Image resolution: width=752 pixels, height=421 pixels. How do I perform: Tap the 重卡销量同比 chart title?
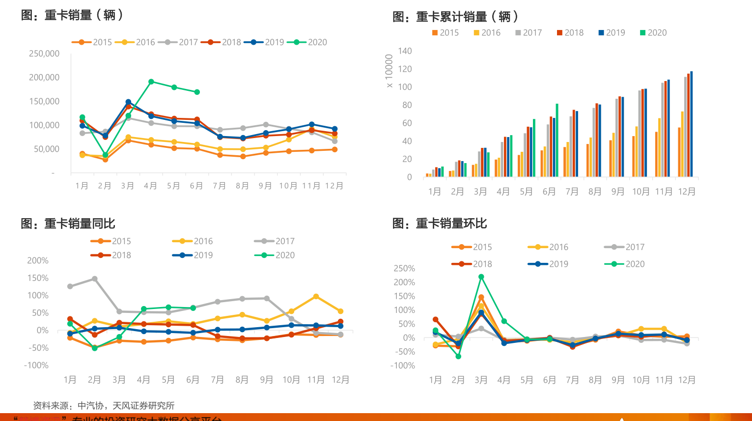click(x=68, y=224)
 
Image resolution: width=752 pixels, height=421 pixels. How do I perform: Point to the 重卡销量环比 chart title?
click(x=440, y=224)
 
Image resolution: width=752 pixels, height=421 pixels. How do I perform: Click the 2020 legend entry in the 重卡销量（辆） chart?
click(x=307, y=42)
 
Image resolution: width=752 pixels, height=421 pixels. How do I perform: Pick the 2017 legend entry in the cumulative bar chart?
click(x=529, y=33)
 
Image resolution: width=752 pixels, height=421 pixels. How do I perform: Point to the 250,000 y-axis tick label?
click(x=44, y=54)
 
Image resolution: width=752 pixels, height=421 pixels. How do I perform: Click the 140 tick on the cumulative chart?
click(x=405, y=51)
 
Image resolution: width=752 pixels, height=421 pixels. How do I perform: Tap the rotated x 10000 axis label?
click(x=389, y=71)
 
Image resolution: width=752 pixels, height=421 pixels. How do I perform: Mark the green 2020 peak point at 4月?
click(x=151, y=82)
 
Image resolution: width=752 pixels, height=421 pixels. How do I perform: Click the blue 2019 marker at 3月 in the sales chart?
click(x=128, y=102)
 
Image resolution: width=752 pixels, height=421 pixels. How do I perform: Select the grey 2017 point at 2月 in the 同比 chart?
click(x=95, y=279)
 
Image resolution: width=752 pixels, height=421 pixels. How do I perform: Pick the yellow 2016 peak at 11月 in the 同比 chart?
click(x=316, y=297)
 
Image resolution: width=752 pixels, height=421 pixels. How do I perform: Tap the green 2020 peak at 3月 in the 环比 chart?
click(x=481, y=277)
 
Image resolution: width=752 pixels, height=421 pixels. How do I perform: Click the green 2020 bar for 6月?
click(x=557, y=140)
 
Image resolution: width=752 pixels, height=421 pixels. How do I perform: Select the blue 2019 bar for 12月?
click(x=692, y=124)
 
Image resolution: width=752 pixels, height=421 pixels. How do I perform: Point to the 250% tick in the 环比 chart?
click(x=404, y=268)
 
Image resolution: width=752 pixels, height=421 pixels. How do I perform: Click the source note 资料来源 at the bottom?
click(x=104, y=406)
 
